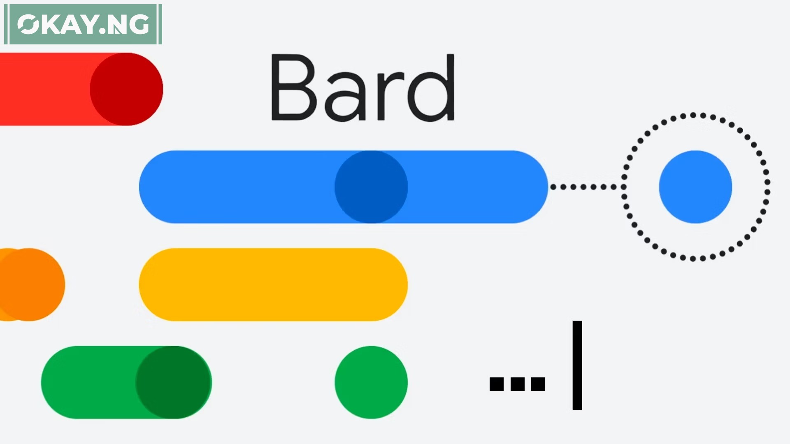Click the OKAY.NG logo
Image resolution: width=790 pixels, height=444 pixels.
pos(83,24)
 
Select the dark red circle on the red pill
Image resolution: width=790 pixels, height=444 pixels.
pos(126,89)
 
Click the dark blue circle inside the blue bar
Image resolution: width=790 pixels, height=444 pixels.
pos(371,187)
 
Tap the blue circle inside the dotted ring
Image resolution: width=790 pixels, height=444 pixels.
pos(695,187)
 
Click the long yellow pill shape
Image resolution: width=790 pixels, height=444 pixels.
pos(273,284)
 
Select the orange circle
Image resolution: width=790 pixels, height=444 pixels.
pos(29,284)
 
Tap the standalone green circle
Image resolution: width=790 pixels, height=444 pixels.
pos(371,382)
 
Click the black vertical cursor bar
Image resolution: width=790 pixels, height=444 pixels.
pos(577,365)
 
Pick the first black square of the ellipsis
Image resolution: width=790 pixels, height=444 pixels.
pos(497,384)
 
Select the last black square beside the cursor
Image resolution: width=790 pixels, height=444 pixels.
pos(538,384)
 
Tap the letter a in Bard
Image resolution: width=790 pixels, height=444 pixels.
pos(346,97)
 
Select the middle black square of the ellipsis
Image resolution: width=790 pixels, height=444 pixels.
pos(518,384)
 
